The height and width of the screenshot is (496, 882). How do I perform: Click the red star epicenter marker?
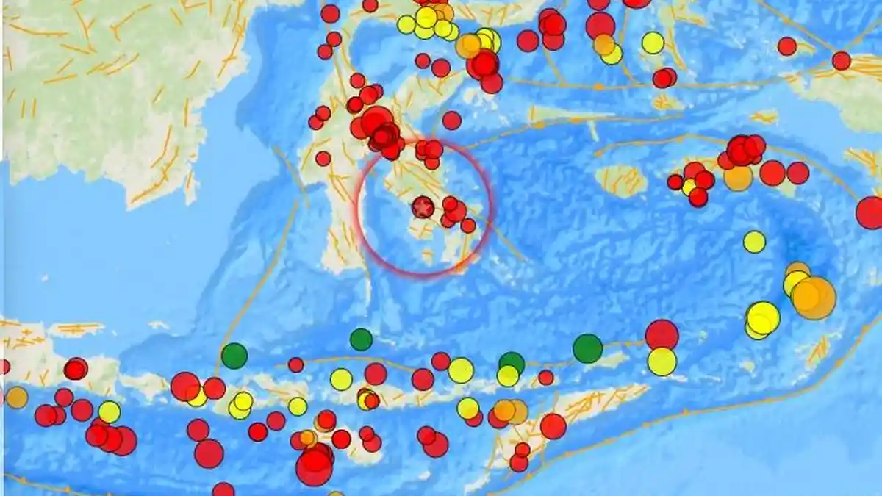click(422, 208)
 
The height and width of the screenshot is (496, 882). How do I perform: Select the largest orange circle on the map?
click(814, 298)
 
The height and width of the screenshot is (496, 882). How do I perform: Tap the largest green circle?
click(587, 348)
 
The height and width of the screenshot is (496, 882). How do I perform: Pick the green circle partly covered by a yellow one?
click(512, 362)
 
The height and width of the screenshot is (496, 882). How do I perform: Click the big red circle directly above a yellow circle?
click(661, 334)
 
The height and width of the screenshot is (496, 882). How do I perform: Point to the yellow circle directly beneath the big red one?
click(662, 362)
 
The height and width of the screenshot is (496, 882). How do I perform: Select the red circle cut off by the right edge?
click(870, 212)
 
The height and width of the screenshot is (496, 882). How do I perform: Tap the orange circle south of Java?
click(16, 398)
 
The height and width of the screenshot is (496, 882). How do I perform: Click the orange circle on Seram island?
click(738, 177)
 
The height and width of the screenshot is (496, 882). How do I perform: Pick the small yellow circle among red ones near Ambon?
click(689, 187)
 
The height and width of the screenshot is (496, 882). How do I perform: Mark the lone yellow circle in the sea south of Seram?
click(754, 241)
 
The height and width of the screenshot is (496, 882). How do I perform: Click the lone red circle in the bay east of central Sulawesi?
click(452, 121)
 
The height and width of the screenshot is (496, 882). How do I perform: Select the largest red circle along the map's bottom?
click(315, 467)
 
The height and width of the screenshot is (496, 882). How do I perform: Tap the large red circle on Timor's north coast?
click(553, 426)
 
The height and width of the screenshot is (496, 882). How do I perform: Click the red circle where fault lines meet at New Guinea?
click(842, 60)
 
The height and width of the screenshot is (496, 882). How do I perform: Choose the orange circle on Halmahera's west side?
click(604, 45)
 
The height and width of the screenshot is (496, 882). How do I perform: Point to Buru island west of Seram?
click(621, 180)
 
